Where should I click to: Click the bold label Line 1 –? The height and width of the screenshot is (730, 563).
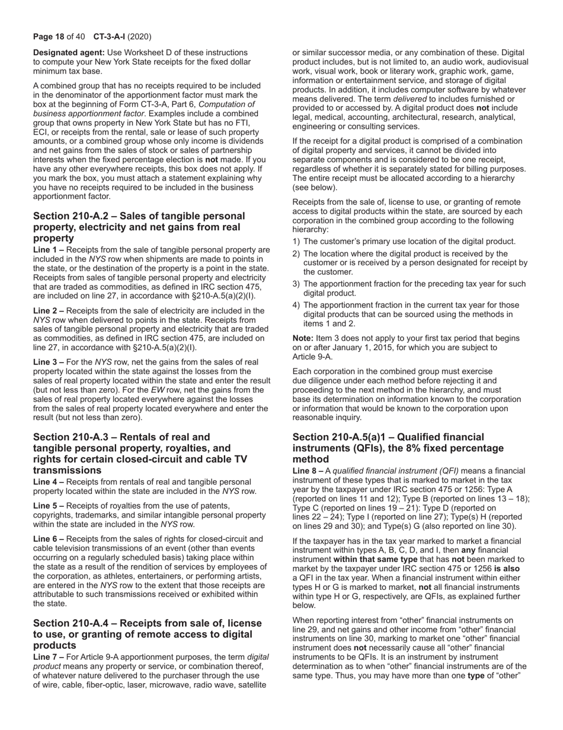pos(49,250)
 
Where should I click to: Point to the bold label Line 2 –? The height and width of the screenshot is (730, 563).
pos(49,310)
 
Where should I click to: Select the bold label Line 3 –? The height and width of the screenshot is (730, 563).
pos(49,362)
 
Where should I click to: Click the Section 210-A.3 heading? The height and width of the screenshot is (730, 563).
pos(140,453)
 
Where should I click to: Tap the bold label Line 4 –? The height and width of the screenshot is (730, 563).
pos(49,482)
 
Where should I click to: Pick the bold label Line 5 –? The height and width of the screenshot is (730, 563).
pos(49,506)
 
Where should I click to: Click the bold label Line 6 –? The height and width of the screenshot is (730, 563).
pos(49,539)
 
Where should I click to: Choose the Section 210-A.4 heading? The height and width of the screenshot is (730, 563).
pos(147,634)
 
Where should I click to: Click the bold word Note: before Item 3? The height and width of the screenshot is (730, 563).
pos(303,338)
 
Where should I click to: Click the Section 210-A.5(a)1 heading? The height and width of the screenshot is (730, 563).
pos(398,448)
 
